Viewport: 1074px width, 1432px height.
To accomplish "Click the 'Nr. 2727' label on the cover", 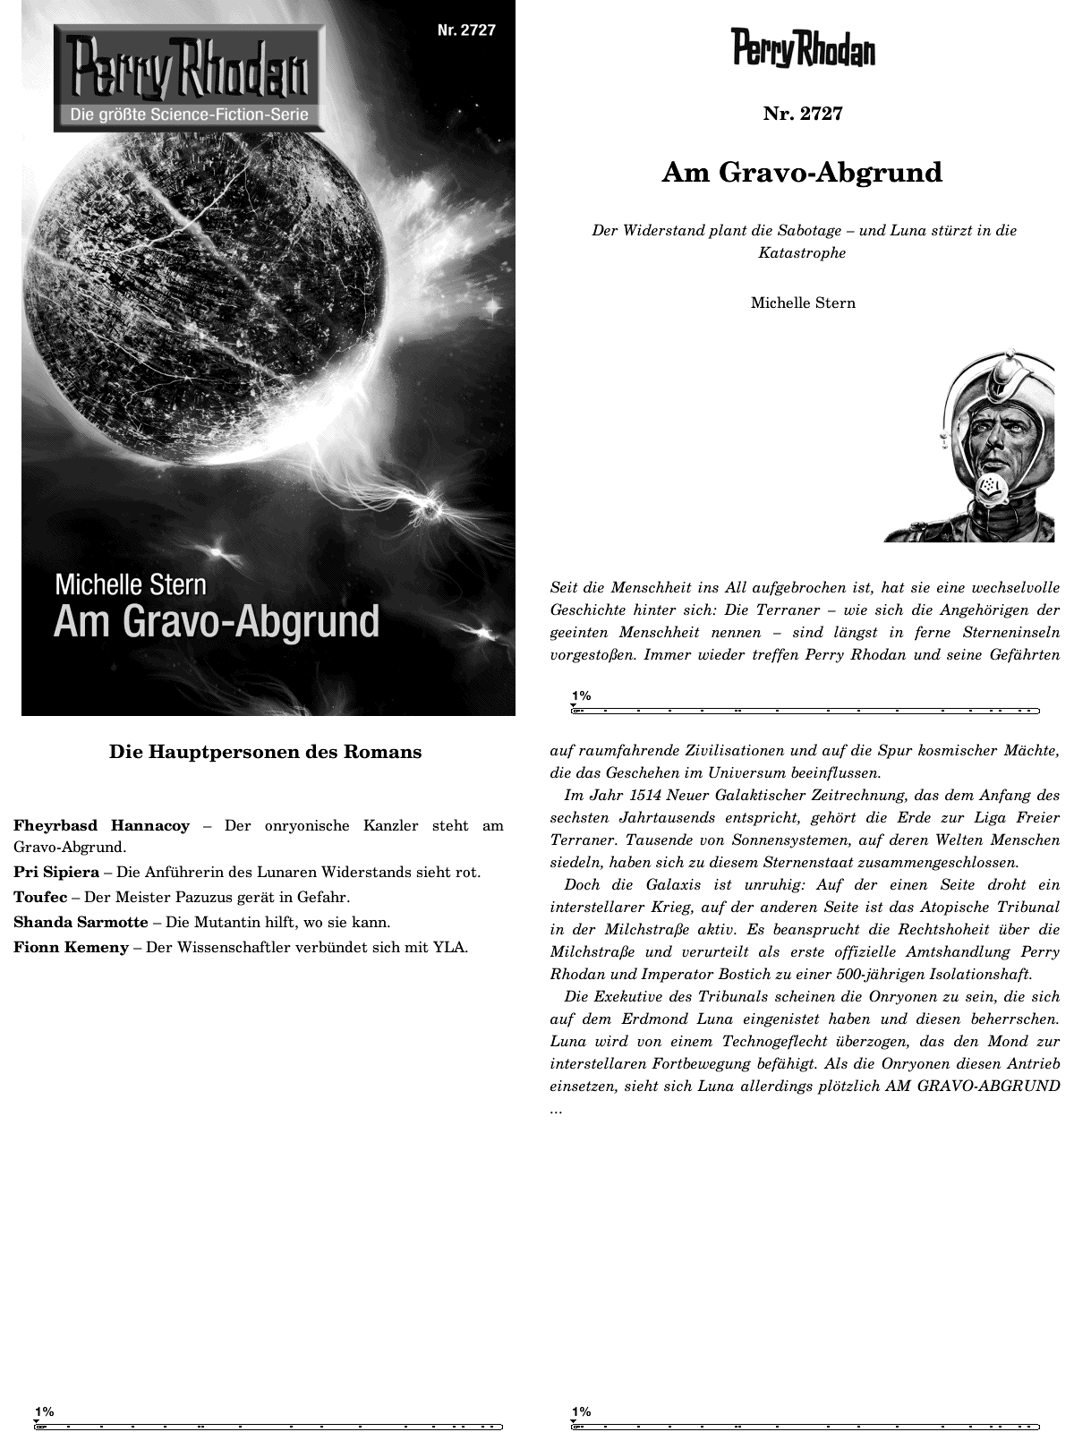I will pyautogui.click(x=466, y=30).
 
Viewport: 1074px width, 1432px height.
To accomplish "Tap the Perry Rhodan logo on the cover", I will pyautogui.click(x=186, y=72).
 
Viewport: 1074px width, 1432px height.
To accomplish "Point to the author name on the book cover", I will pyautogui.click(x=131, y=584).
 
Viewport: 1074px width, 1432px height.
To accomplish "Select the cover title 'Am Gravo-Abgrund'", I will pyautogui.click(x=217, y=621).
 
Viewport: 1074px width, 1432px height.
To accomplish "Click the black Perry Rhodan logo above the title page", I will pyautogui.click(x=803, y=48).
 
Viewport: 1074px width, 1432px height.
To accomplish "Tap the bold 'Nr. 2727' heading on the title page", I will pyautogui.click(x=803, y=114).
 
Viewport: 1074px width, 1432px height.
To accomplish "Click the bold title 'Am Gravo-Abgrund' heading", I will pyautogui.click(x=802, y=172).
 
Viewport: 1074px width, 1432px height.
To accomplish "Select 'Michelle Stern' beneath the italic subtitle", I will pyautogui.click(x=803, y=303).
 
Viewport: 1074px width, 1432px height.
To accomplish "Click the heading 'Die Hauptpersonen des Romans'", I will pyautogui.click(x=265, y=752).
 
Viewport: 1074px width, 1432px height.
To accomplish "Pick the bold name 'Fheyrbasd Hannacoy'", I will pyautogui.click(x=101, y=825).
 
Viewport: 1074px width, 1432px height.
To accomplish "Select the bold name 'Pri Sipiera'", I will pyautogui.click(x=56, y=872).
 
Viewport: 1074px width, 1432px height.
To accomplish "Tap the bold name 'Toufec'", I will pyautogui.click(x=40, y=897).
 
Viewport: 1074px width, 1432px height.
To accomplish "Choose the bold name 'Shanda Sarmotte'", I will pyautogui.click(x=81, y=922).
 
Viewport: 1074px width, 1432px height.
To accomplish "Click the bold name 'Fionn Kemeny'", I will pyautogui.click(x=71, y=947).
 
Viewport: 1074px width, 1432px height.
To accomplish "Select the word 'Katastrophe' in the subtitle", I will pyautogui.click(x=802, y=252).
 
